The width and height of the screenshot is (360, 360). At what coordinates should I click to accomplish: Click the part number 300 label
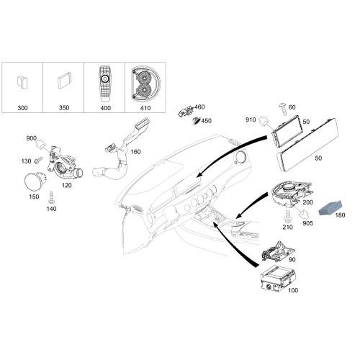(22, 108)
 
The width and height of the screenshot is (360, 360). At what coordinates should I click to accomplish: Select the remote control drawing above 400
(104, 84)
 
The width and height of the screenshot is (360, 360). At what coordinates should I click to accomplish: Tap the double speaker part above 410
(145, 84)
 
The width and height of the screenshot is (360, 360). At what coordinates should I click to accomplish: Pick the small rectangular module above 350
(65, 80)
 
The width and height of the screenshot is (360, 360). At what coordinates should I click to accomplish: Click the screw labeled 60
(282, 109)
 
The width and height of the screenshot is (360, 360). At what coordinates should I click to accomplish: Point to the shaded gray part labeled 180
(330, 209)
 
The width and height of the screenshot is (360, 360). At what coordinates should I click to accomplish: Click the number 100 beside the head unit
(293, 290)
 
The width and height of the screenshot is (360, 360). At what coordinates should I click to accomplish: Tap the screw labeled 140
(51, 197)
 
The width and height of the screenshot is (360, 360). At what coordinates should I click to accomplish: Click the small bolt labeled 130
(38, 160)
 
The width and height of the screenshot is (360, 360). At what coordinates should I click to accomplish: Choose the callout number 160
(135, 152)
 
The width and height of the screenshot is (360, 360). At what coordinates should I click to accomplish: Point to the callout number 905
(307, 223)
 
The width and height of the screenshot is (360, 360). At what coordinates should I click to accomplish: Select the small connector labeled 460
(185, 111)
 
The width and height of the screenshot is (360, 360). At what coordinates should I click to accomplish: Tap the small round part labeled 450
(197, 120)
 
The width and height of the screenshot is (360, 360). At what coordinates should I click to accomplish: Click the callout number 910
(251, 120)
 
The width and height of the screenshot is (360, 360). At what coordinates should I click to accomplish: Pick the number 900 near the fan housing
(32, 138)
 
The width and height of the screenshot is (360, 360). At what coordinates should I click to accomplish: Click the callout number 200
(307, 202)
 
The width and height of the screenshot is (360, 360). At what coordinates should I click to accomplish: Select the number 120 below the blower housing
(66, 185)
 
